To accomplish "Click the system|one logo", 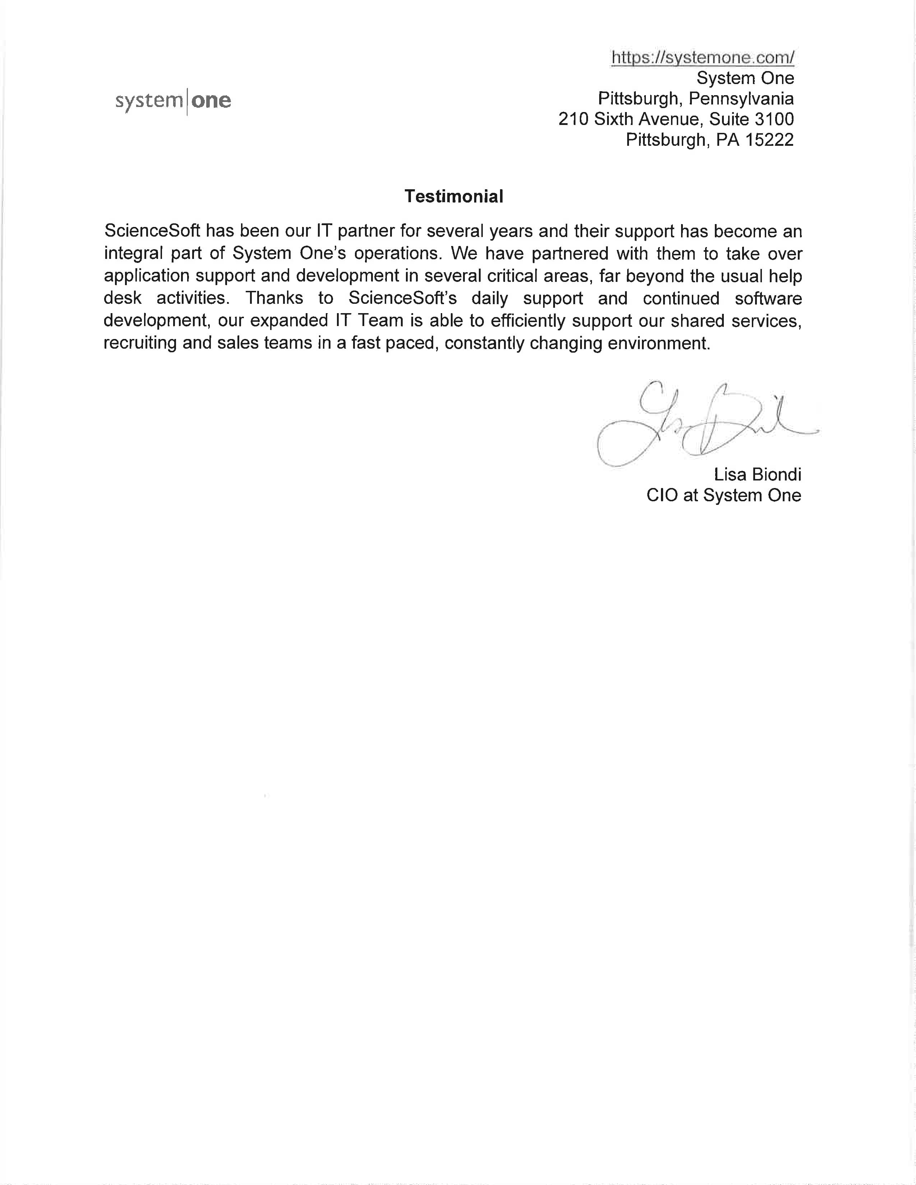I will tap(173, 101).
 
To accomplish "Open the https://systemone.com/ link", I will tap(703, 57).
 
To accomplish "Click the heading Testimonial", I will tap(454, 196).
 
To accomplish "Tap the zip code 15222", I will tap(769, 140).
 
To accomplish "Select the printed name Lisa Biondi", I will tap(757, 475).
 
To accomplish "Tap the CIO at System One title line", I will tap(723, 496).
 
